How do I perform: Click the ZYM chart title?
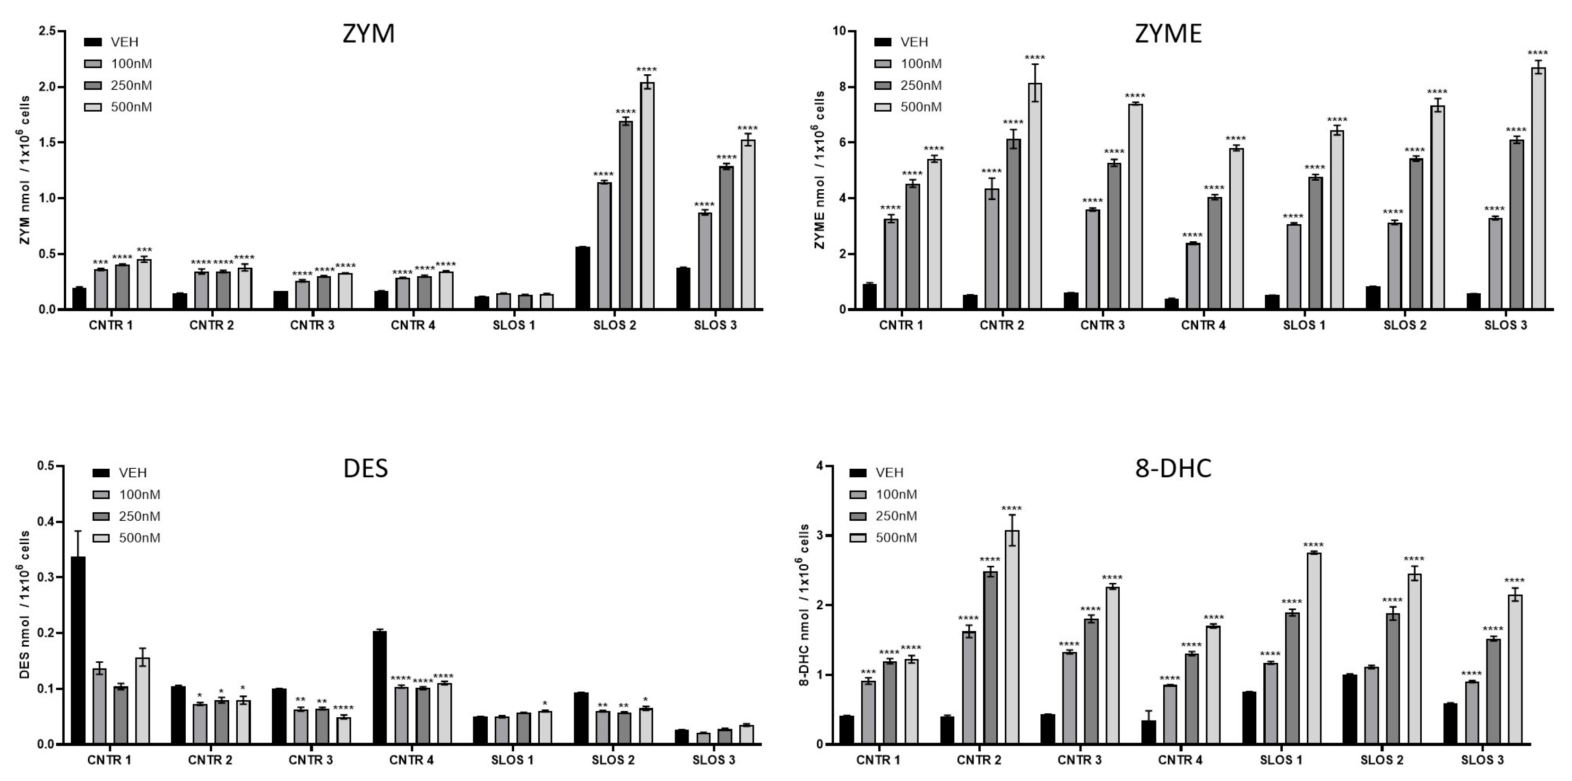[x=368, y=34]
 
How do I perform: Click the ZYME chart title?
[x=1168, y=34]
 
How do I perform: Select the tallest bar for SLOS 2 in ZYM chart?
[x=647, y=195]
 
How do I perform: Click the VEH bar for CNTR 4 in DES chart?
[x=380, y=687]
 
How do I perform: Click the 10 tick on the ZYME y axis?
[x=840, y=31]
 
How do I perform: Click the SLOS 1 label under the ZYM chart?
[x=513, y=325]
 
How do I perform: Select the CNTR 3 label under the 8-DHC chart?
[x=1079, y=761]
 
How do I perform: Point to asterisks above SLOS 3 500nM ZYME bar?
[x=1538, y=53]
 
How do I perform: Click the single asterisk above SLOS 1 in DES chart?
[x=545, y=703]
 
